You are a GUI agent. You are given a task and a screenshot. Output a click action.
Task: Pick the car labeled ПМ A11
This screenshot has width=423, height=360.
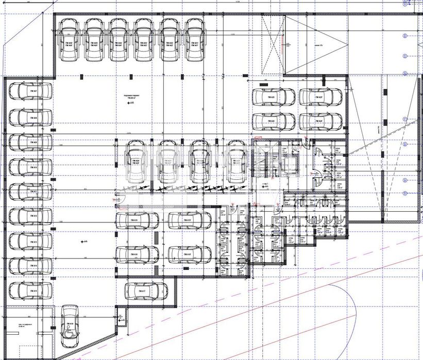[30, 192]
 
